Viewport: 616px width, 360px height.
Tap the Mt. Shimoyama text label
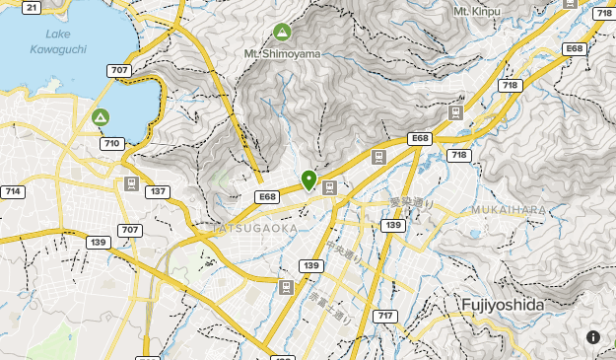pyautogui.click(x=283, y=53)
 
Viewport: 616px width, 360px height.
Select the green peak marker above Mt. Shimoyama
pyautogui.click(x=283, y=33)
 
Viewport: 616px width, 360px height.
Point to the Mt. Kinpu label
pyautogui.click(x=477, y=11)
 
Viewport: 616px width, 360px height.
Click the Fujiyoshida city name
pyautogui.click(x=502, y=305)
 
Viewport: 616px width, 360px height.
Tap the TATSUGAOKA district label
pyautogui.click(x=255, y=228)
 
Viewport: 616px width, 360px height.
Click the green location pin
pyautogui.click(x=309, y=180)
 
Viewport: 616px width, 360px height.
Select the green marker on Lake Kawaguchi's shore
pyautogui.click(x=100, y=118)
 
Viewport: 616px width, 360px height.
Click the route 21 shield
pyautogui.click(x=32, y=8)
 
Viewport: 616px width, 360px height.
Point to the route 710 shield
pyautogui.click(x=111, y=144)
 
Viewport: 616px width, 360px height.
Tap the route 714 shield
pyautogui.click(x=13, y=191)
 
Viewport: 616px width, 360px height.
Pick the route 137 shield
pyautogui.click(x=156, y=191)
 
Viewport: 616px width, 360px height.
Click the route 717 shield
pyautogui.click(x=384, y=316)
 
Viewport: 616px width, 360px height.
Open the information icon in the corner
pyautogui.click(x=593, y=337)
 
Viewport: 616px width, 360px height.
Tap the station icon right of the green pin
pyautogui.click(x=329, y=186)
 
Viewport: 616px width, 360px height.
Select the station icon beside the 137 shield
pyautogui.click(x=131, y=183)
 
